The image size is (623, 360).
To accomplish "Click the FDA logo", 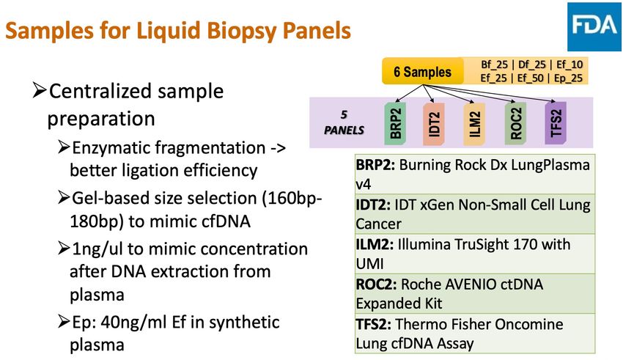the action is click(594, 26).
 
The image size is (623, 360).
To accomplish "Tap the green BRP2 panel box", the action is click(395, 123).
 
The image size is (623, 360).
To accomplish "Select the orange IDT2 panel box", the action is click(434, 124).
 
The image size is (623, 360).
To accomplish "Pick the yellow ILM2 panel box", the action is click(474, 124).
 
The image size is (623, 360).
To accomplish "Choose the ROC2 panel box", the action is click(515, 123).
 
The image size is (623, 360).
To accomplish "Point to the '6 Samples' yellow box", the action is click(423, 72).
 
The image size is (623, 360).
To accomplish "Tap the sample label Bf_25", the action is click(494, 65).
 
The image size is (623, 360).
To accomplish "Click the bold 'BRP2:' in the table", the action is click(375, 164).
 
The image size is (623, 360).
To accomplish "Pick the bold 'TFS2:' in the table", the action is click(374, 324).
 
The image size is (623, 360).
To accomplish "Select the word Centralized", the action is click(100, 91).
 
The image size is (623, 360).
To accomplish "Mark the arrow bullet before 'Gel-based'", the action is click(64, 197).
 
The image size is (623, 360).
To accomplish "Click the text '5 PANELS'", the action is click(344, 122).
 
